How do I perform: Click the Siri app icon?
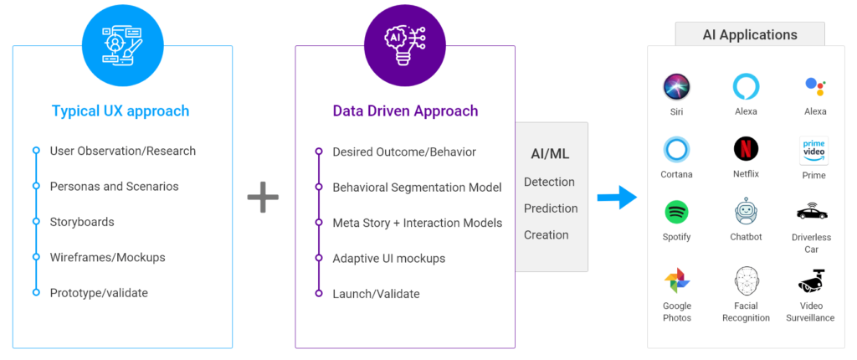click(x=676, y=87)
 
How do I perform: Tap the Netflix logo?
click(x=746, y=149)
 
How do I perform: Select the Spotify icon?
click(x=676, y=213)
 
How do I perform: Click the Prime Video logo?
click(x=813, y=151)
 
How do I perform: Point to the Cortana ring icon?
click(x=676, y=150)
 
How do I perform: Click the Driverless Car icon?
click(x=812, y=211)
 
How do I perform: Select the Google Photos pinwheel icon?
click(x=676, y=280)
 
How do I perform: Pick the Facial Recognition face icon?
click(x=746, y=280)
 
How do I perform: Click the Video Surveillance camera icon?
click(x=812, y=280)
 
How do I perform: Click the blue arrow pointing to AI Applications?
click(x=617, y=197)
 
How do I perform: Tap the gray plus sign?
click(x=263, y=197)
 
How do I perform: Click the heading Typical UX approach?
click(x=121, y=111)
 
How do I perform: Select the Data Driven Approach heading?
click(x=405, y=111)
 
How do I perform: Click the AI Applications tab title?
click(x=750, y=35)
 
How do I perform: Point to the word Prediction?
click(x=551, y=208)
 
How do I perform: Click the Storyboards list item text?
click(x=82, y=222)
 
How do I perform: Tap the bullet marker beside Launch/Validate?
click(x=319, y=293)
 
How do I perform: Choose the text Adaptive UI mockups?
click(x=389, y=258)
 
